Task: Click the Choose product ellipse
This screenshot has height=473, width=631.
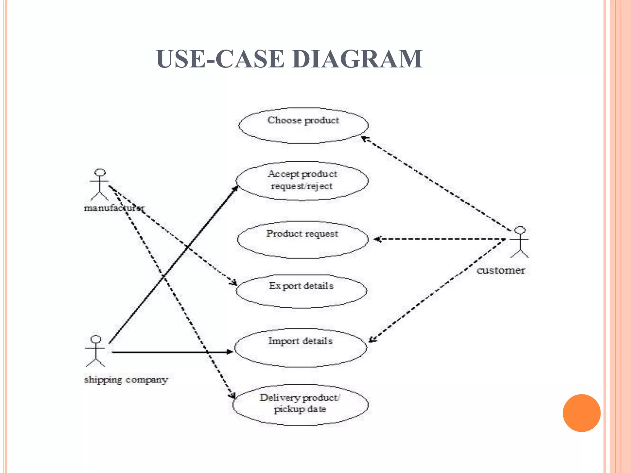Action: tap(303, 126)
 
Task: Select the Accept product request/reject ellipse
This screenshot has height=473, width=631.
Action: tap(302, 181)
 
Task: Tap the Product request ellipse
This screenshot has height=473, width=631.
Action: tap(303, 240)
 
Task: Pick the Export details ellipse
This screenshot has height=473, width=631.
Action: tap(301, 291)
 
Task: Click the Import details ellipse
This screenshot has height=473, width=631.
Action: tap(301, 348)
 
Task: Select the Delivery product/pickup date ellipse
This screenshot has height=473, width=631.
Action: tap(300, 405)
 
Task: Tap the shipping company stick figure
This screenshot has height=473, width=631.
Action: tap(96, 351)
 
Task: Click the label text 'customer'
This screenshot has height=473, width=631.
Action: tap(501, 270)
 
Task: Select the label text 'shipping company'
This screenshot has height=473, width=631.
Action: tap(126, 380)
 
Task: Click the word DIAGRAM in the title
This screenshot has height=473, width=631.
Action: tap(357, 59)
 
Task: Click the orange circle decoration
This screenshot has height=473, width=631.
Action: tap(581, 413)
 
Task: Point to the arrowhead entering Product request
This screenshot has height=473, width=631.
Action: tap(378, 239)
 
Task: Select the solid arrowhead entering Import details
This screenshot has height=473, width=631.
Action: tap(230, 352)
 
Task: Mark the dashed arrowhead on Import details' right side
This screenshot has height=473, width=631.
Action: tap(372, 340)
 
